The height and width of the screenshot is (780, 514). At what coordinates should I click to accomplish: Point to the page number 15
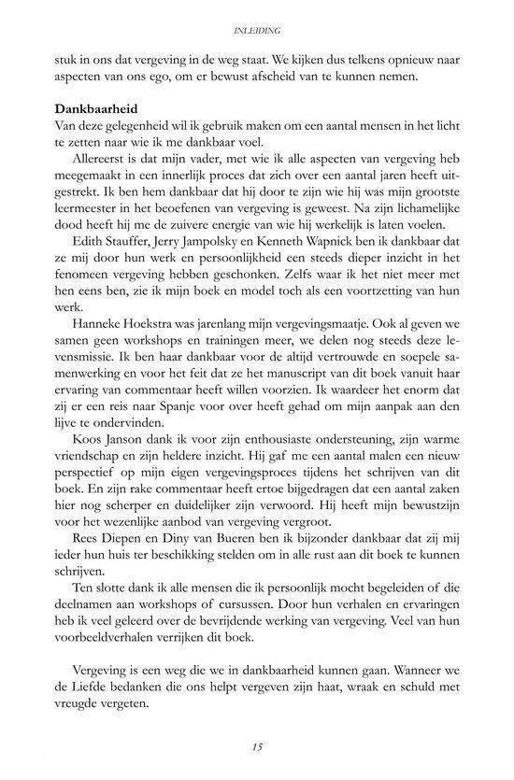pos(258,745)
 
